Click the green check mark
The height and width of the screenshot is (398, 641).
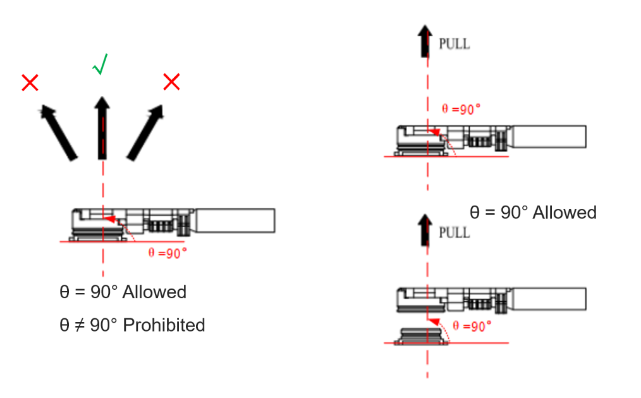click(x=100, y=64)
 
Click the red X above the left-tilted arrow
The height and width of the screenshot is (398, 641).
click(x=30, y=82)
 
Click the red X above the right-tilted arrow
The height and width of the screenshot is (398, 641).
click(x=171, y=82)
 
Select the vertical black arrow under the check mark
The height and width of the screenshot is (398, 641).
click(x=101, y=127)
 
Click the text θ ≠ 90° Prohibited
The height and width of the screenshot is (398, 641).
click(x=132, y=325)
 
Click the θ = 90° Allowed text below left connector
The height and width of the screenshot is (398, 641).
click(x=123, y=292)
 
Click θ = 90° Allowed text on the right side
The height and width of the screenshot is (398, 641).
click(x=533, y=212)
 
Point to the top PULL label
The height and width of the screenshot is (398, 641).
click(x=454, y=44)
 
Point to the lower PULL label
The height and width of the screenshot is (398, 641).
click(x=454, y=232)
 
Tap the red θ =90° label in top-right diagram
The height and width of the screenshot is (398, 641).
click(x=461, y=108)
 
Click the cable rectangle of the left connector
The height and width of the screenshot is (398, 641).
click(x=235, y=220)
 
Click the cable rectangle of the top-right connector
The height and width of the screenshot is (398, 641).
click(x=548, y=137)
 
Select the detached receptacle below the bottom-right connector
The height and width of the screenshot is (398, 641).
click(x=422, y=335)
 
